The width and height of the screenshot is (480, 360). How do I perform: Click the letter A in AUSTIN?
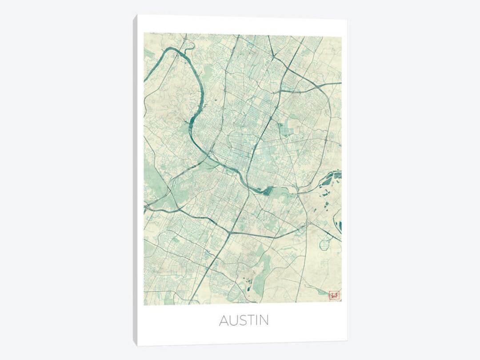coord(224,320)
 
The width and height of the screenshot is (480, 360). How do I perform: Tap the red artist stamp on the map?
coord(333,295)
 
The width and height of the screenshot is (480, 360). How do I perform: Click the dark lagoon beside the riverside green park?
coord(267,192)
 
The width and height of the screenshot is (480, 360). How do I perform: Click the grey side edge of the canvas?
coord(135,178)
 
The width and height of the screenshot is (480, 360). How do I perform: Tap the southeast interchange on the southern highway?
coord(307,225)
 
